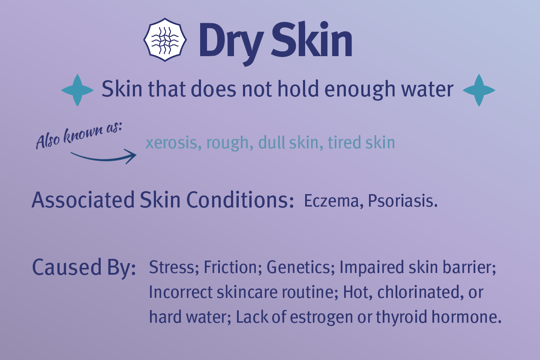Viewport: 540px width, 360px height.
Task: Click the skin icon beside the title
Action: point(165,39)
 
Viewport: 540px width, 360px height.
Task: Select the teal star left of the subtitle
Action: point(77,90)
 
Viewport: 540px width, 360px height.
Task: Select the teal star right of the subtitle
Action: point(479,90)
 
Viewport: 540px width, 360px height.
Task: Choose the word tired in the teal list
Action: point(344,143)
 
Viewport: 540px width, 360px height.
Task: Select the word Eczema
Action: point(330,201)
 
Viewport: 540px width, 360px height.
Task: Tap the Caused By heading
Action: point(84,267)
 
